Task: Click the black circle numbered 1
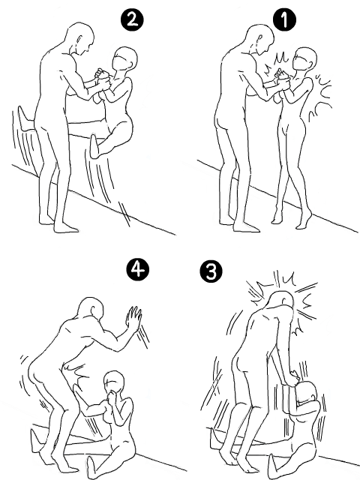tap(284, 20)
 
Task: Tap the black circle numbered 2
tap(132, 20)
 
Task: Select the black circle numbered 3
tap(211, 271)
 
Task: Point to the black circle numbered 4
tap(138, 269)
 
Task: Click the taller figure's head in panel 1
tap(261, 38)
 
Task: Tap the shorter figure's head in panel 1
tap(304, 60)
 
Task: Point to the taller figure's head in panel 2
tap(80, 38)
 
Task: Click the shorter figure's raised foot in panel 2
tap(95, 146)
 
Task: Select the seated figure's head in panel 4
tap(114, 383)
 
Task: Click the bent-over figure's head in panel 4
tap(91, 308)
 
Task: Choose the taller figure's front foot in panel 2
tap(67, 227)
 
